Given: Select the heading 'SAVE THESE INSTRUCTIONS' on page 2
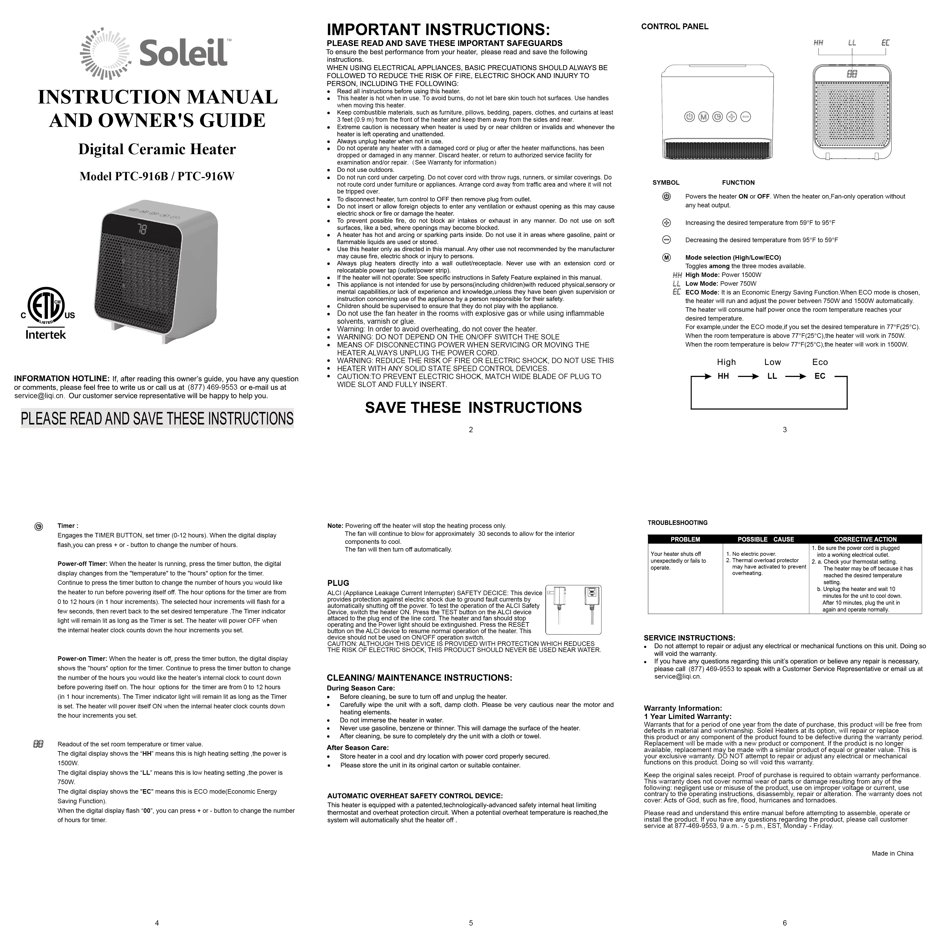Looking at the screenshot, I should pos(473,408).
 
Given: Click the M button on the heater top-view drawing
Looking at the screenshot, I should pos(703,117).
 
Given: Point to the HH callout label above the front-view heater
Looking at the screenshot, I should pos(818,43).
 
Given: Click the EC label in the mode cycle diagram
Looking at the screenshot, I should pos(820,376).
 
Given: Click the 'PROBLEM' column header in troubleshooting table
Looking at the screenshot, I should pos(685,539).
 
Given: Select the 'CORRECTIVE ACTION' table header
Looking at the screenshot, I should pos(865,539).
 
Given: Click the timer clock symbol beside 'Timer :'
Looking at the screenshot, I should pos(39,527).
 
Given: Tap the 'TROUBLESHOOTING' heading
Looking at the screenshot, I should pos(677,523).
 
